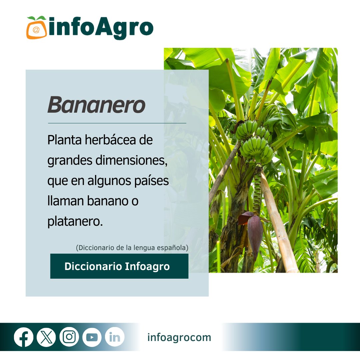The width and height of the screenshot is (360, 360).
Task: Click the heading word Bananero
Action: click(x=96, y=105)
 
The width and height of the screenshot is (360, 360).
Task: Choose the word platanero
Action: click(x=75, y=222)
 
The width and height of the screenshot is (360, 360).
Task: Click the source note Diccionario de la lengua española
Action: click(x=132, y=248)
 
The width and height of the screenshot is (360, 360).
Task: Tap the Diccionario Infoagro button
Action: click(x=119, y=266)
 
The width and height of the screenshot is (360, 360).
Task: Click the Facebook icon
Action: click(x=24, y=337)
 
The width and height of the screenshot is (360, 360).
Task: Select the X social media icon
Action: click(x=46, y=337)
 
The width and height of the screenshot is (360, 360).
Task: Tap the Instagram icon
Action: click(x=69, y=337)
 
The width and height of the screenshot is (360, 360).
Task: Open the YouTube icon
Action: click(x=92, y=337)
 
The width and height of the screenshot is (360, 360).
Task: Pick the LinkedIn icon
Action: click(x=115, y=337)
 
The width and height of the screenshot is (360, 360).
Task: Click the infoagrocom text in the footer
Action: click(x=179, y=337)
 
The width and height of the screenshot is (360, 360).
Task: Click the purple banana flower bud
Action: click(x=254, y=232)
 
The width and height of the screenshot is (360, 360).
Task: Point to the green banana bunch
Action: click(x=255, y=142)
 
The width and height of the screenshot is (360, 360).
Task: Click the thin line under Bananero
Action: click(x=117, y=123)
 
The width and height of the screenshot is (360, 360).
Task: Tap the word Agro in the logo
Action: click(x=124, y=28)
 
